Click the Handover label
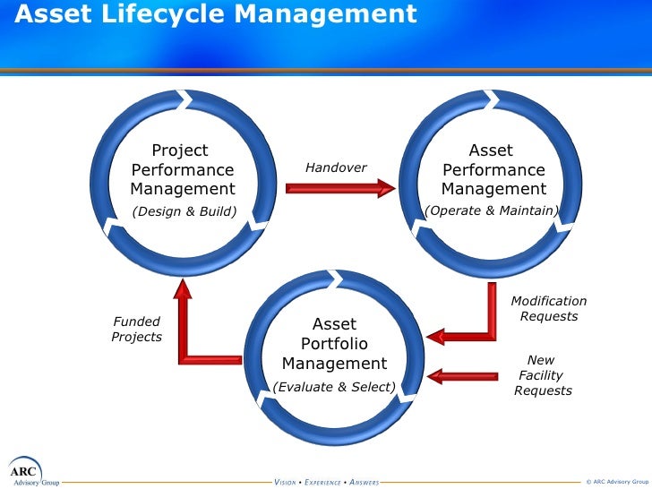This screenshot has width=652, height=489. pos(336,167)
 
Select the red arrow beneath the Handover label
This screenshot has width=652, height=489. pos(340,188)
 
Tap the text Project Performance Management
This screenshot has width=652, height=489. pos(183,170)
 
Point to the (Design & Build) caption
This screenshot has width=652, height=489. pos(184,211)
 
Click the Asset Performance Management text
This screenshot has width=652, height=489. pos(493,170)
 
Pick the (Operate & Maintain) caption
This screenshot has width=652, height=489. pos(492,210)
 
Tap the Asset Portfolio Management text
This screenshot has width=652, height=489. pos(334,344)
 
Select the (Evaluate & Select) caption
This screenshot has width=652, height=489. pos(334,387)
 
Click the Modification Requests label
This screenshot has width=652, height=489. pos(549,309)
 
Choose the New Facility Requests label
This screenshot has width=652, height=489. pos(542,375)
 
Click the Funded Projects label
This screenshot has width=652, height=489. pos(137,329)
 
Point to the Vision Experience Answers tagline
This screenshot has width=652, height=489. pos(326,482)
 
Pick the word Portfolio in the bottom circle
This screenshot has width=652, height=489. pos(334,344)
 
